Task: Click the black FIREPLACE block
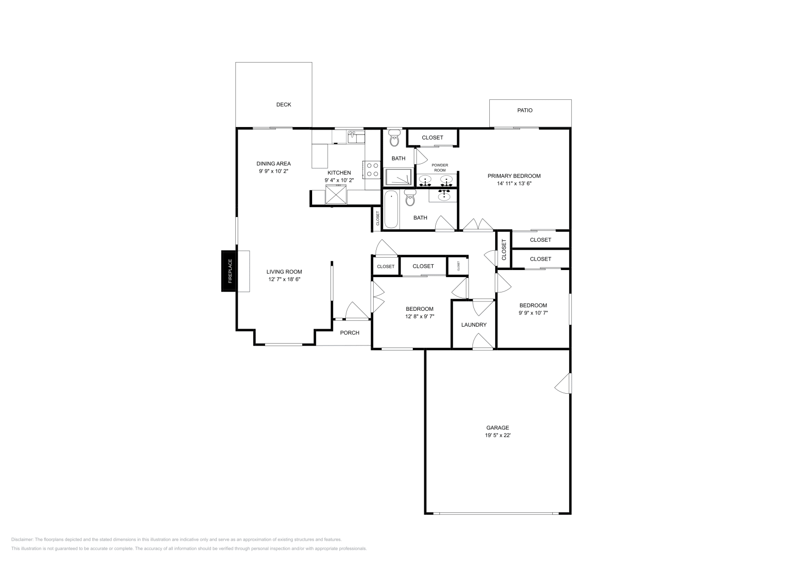pyautogui.click(x=229, y=271)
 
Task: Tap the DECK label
pyautogui.click(x=283, y=105)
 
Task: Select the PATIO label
pyautogui.click(x=525, y=111)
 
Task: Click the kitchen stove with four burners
pyautogui.click(x=372, y=169)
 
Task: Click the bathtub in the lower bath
pyautogui.click(x=391, y=210)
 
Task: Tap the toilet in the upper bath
pyautogui.click(x=395, y=139)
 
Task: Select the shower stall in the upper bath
pyautogui.click(x=398, y=177)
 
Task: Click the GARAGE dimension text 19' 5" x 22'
pyautogui.click(x=497, y=435)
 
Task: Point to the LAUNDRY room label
pyautogui.click(x=473, y=325)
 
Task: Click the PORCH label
pyautogui.click(x=349, y=333)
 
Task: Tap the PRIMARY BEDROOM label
pyautogui.click(x=514, y=176)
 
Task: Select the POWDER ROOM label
pyautogui.click(x=440, y=167)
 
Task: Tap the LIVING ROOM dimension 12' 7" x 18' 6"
pyautogui.click(x=284, y=279)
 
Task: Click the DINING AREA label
pyautogui.click(x=273, y=163)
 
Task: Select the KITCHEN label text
pyautogui.click(x=339, y=173)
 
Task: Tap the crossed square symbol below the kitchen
pyautogui.click(x=336, y=194)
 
